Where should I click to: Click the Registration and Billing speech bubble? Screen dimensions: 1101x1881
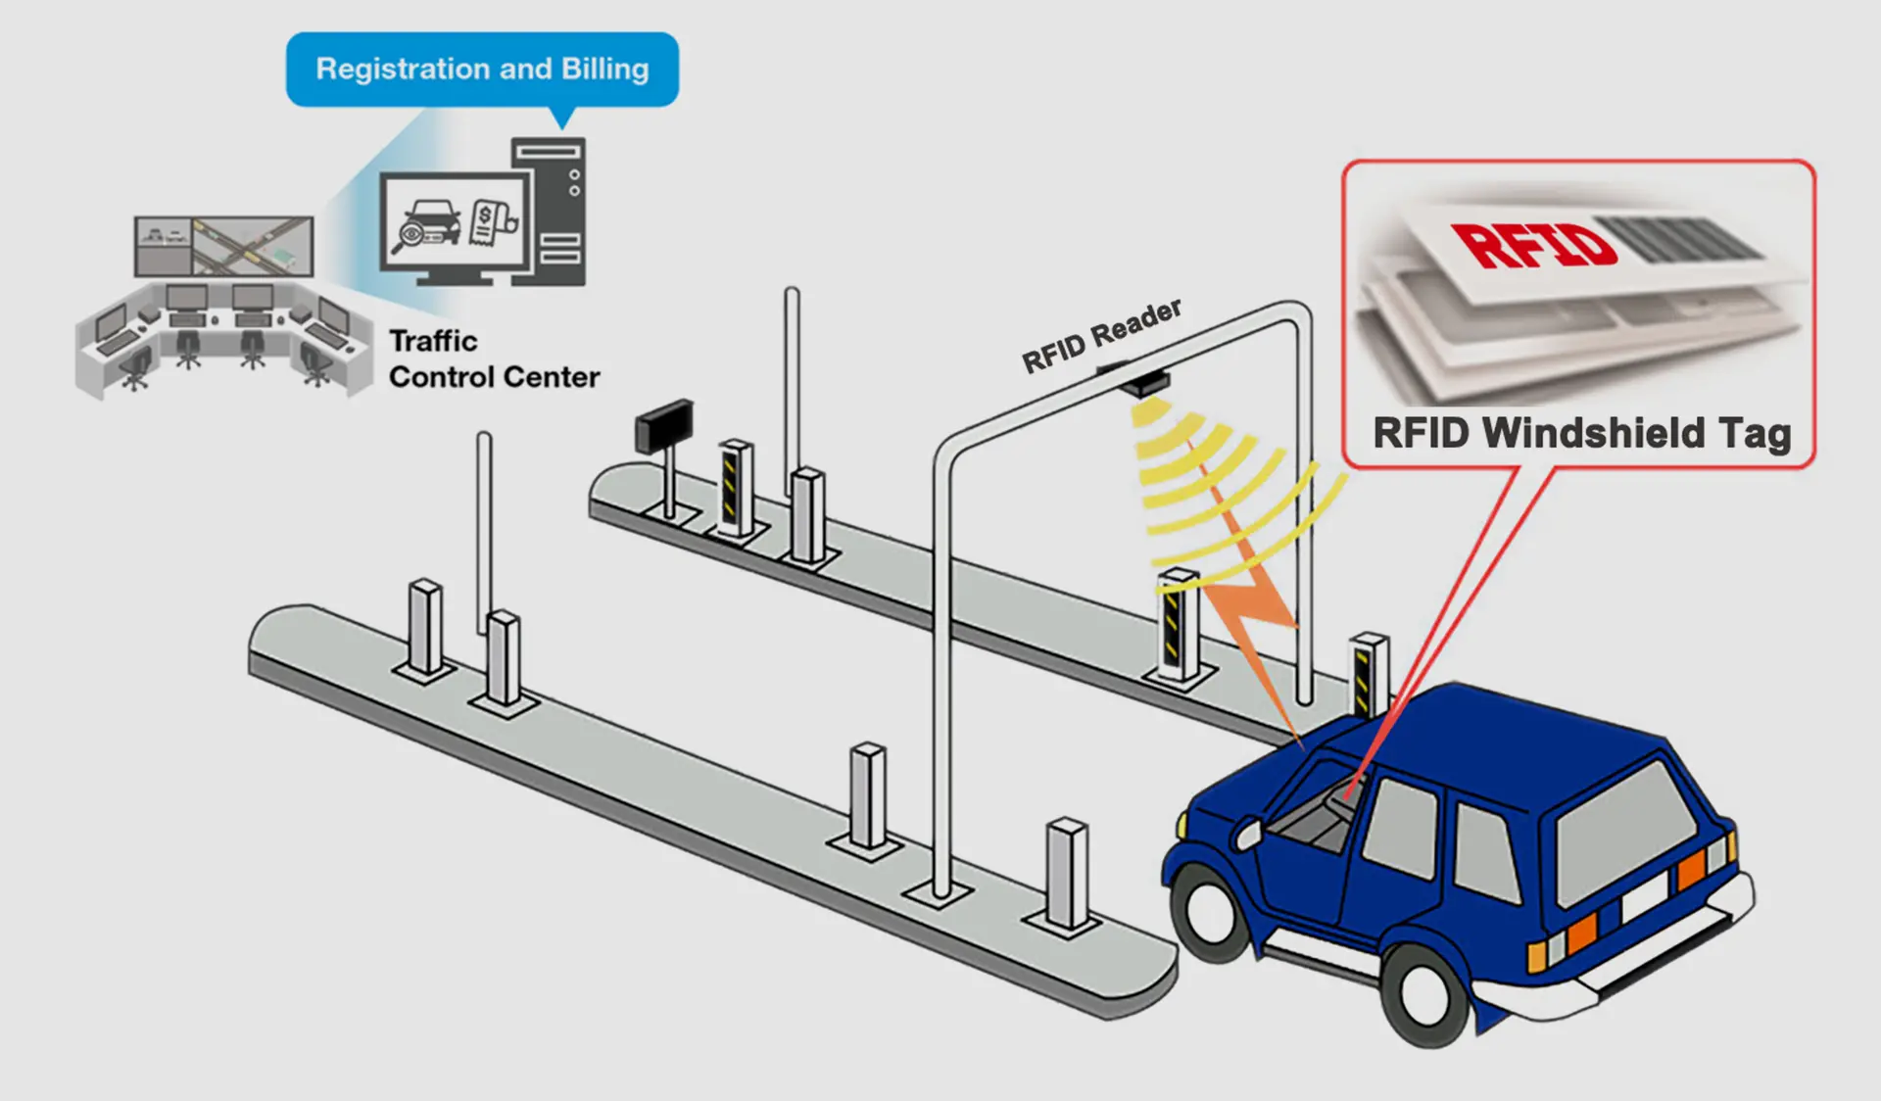pyautogui.click(x=482, y=70)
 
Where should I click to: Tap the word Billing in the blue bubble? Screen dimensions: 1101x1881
pyautogui.click(x=604, y=70)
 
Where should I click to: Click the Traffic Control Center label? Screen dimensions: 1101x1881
pyautogui.click(x=493, y=359)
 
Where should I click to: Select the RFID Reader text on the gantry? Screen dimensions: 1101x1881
pyautogui.click(x=1101, y=335)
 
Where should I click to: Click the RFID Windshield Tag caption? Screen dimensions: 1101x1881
pyautogui.click(x=1581, y=433)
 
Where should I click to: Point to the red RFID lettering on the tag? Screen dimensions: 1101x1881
pyautogui.click(x=1533, y=245)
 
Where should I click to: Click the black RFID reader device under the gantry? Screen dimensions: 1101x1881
pyautogui.click(x=1142, y=381)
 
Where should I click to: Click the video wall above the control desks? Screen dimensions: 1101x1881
pyautogui.click(x=224, y=246)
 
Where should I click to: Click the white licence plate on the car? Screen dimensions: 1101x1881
pyautogui.click(x=1645, y=897)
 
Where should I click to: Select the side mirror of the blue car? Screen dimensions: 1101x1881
pyautogui.click(x=1248, y=834)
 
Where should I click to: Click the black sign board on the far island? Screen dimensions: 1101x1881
pyautogui.click(x=665, y=425)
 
